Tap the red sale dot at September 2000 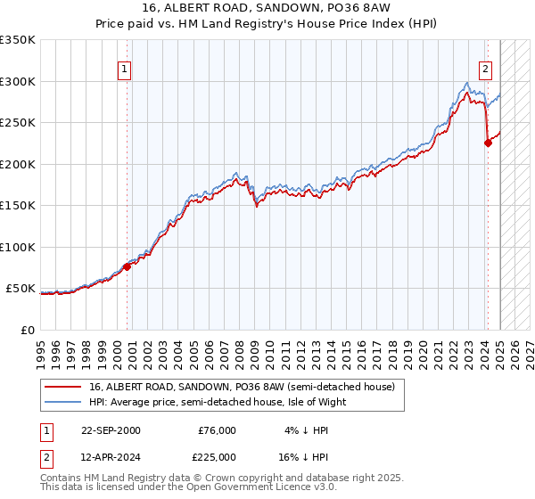point(127,266)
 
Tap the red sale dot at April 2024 point(488,143)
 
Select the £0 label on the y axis point(29,330)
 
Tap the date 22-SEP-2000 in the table point(111,430)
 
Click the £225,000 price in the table point(217,456)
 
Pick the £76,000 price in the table point(217,430)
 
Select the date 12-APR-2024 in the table point(111,456)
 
